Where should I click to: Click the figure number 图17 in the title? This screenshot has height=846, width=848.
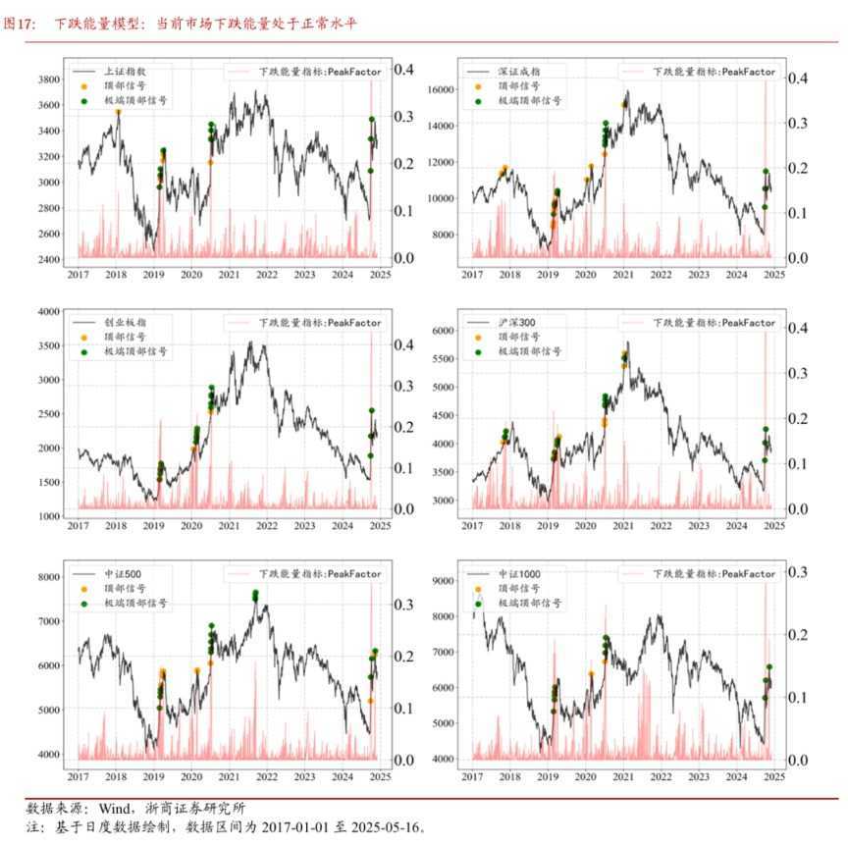click(19, 25)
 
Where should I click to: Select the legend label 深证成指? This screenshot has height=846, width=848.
click(519, 72)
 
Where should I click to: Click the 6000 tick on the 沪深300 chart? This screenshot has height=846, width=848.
click(443, 331)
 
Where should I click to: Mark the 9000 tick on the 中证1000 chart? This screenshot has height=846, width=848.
click(443, 581)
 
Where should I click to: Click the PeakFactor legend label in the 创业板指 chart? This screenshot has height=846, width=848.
click(320, 323)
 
